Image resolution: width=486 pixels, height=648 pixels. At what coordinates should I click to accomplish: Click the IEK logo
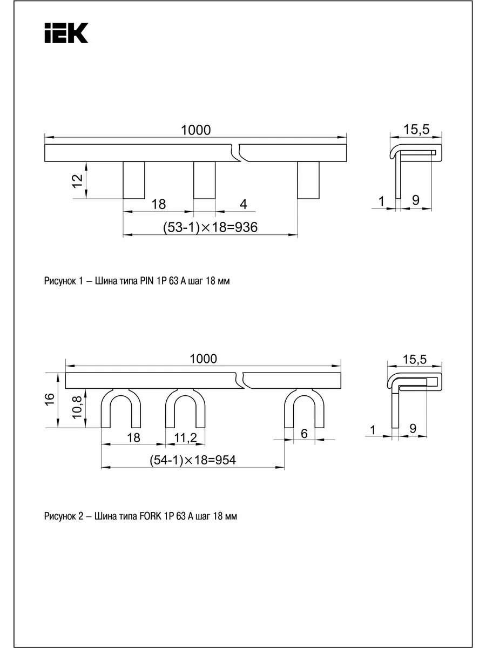[x=66, y=33]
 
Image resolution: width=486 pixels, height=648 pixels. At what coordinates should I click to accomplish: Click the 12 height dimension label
[x=77, y=180]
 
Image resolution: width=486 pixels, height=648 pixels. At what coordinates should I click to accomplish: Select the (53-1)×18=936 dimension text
[x=210, y=227]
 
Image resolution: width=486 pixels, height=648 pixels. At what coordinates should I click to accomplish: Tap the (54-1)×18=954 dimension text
[x=193, y=460]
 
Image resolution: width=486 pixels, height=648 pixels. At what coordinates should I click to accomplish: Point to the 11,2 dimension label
[x=185, y=437]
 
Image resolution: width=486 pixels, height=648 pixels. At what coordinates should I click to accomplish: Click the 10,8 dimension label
[x=77, y=407]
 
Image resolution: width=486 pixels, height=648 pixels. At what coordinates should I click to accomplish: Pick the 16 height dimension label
[x=50, y=399]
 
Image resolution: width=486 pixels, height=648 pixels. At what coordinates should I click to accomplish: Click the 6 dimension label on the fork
[x=304, y=434]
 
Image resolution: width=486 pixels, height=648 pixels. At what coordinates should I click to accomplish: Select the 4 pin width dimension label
[x=243, y=204]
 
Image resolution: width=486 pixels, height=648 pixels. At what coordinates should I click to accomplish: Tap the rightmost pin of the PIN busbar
[x=308, y=180]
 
